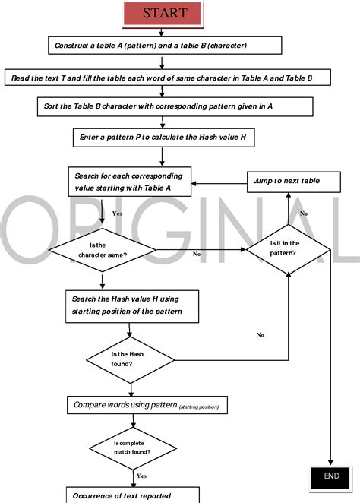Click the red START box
pyautogui.click(x=163, y=13)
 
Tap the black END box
pyautogui.click(x=330, y=477)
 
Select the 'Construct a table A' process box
pyautogui.click(x=165, y=46)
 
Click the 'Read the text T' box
pyautogui.click(x=168, y=78)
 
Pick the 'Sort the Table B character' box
pyautogui.click(x=175, y=106)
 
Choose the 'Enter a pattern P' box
pyautogui.click(x=164, y=138)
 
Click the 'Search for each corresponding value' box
pyautogui.click(x=130, y=182)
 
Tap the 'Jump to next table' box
pyautogui.click(x=294, y=182)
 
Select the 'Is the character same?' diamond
pyautogui.click(x=103, y=250)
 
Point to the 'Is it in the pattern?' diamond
pyautogui.click(x=288, y=249)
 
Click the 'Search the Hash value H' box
pyautogui.click(x=132, y=306)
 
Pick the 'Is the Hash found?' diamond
pyautogui.click(x=130, y=360)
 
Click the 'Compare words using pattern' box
pyautogui.click(x=147, y=405)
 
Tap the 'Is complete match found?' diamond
pyautogui.click(x=133, y=448)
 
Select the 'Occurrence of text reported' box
pyautogui.click(x=133, y=495)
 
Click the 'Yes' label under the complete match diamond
pyautogui.click(x=141, y=476)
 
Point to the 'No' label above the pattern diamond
pyautogui.click(x=304, y=214)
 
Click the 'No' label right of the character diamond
pyautogui.click(x=197, y=254)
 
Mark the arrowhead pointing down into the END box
pyautogui.click(x=330, y=463)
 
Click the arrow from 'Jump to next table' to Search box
pyautogui.click(x=219, y=183)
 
